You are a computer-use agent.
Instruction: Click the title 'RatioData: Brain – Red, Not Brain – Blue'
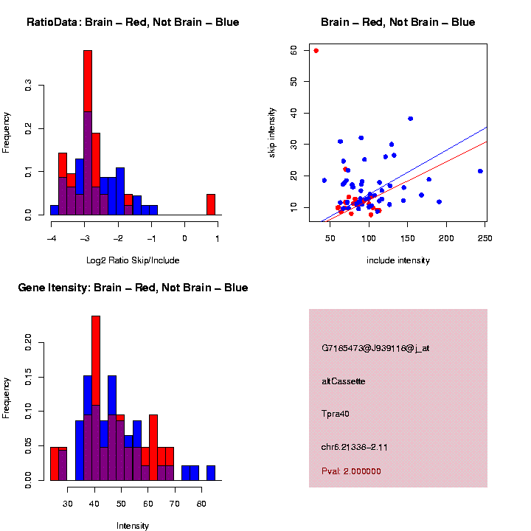tap(133, 22)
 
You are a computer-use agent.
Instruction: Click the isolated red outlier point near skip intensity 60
tap(316, 50)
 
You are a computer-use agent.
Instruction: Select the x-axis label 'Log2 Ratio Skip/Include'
tap(133, 260)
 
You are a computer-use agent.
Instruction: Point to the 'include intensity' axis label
tap(398, 260)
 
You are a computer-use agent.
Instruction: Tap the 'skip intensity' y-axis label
tap(272, 131)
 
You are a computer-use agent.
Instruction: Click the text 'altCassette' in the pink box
tap(344, 381)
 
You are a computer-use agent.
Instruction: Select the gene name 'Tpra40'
tap(336, 414)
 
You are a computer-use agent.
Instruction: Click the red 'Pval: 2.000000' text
tap(351, 471)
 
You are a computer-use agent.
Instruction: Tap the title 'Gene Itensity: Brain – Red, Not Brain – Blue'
tap(133, 288)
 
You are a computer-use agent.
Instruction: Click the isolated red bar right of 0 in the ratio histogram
tap(211, 204)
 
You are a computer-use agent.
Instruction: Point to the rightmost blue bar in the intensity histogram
tap(211, 473)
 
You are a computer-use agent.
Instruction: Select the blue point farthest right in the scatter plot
tap(480, 171)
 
